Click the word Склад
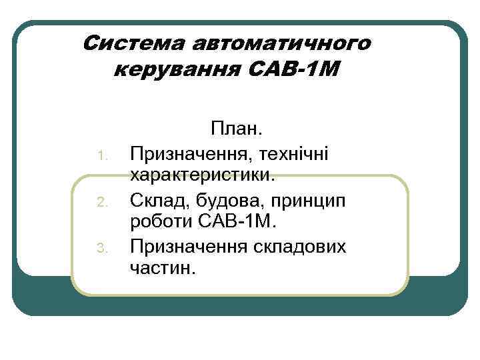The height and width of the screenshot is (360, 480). tap(158, 200)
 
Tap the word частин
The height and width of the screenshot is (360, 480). tap(163, 269)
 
